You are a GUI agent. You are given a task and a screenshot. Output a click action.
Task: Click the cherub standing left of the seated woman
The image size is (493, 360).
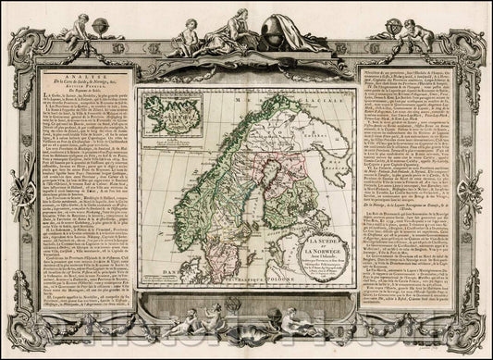pyautogui.click(x=191, y=31)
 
